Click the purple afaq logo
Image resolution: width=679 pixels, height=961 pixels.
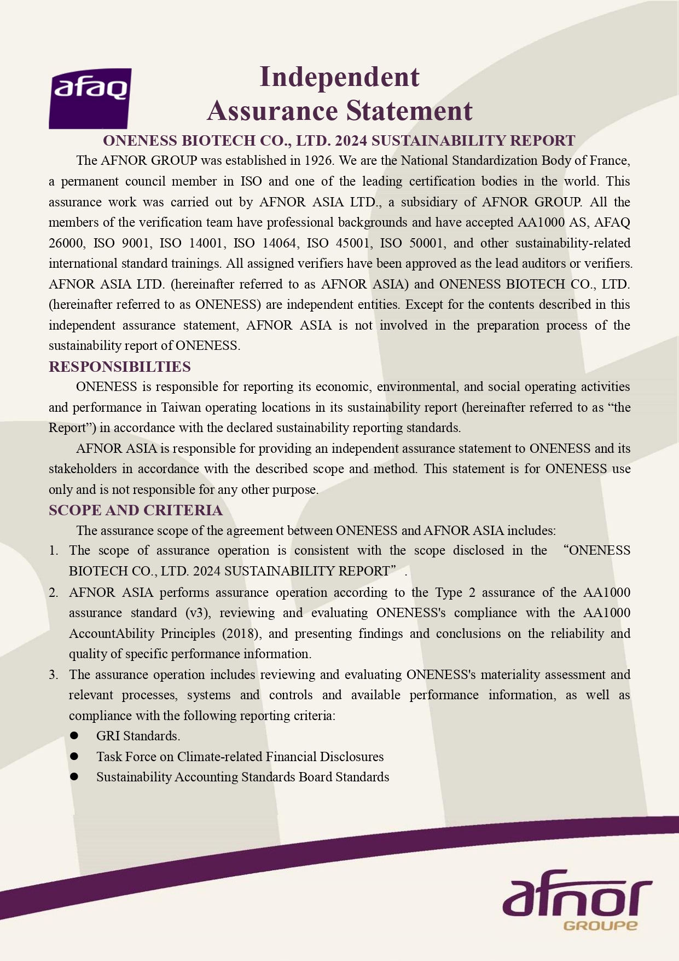pyautogui.click(x=90, y=99)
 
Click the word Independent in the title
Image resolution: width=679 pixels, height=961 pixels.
pyautogui.click(x=339, y=77)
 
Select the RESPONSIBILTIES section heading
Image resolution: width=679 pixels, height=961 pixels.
pyautogui.click(x=120, y=366)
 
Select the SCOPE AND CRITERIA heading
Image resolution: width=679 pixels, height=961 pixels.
pyautogui.click(x=136, y=510)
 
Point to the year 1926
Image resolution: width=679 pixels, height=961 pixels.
pyautogui.click(x=318, y=160)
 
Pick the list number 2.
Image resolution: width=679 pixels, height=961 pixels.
pyautogui.click(x=54, y=592)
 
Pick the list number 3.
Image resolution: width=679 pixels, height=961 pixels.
pyautogui.click(x=54, y=675)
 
